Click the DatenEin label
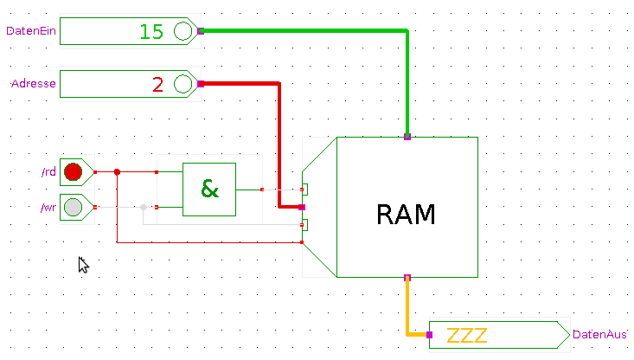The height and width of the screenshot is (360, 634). pos(30,31)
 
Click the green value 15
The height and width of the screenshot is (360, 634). pos(151,32)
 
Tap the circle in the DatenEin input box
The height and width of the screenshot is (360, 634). pos(183,32)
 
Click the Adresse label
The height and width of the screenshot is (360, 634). pos(34,84)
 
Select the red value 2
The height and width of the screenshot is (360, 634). pos(157,85)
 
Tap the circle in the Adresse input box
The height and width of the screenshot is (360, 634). pos(183,85)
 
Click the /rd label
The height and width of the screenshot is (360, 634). pos(48,172)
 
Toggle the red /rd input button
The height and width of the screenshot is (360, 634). pos(73,172)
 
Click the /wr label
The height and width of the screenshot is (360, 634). pos(48,208)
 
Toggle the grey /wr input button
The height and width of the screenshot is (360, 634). pos(73,208)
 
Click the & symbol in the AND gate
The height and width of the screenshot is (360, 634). pos(209,188)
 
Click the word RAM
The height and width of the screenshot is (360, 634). pos(407,214)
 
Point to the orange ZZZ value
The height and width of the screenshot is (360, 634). pos(467,335)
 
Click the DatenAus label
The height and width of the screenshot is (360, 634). pos(599,334)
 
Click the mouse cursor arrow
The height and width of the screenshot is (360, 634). pos(83,264)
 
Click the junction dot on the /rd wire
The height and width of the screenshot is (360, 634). pos(117,172)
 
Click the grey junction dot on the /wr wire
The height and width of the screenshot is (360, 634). pos(144,207)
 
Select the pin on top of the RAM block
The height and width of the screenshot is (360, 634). pos(407,137)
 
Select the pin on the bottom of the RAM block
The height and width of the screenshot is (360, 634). pos(407,278)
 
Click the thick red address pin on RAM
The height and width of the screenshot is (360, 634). pos(301,207)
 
